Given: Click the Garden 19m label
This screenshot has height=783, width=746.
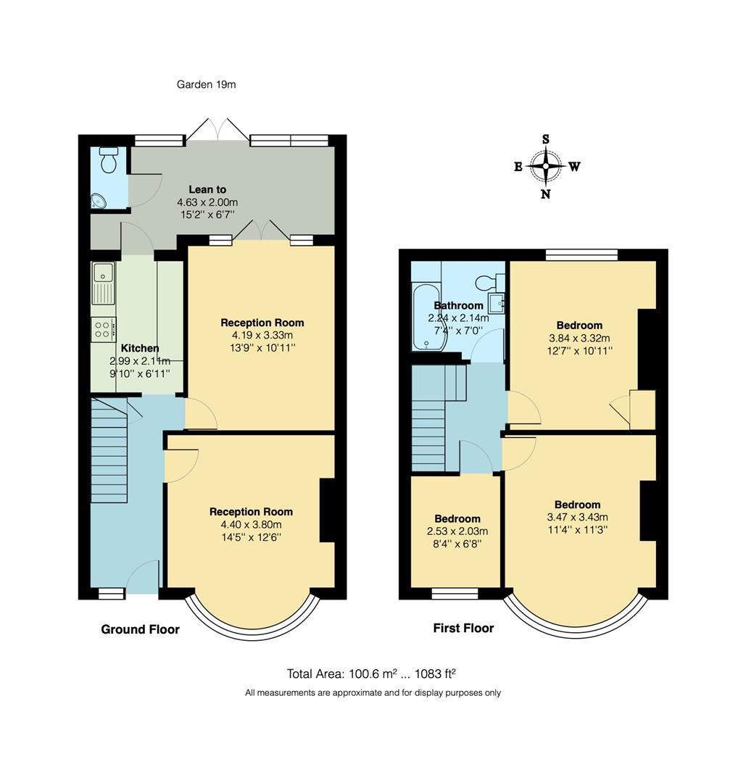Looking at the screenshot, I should click(x=206, y=85).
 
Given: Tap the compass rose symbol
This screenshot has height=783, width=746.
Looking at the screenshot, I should click(x=546, y=166).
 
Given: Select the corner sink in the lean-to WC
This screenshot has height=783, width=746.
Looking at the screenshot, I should click(x=99, y=201).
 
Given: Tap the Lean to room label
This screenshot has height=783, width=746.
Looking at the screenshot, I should click(x=207, y=190).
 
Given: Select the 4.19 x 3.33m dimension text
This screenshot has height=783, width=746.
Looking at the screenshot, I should click(x=262, y=336).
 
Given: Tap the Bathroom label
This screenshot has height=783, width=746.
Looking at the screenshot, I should click(x=458, y=306).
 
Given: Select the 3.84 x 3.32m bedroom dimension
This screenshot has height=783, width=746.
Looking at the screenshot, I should click(x=579, y=338).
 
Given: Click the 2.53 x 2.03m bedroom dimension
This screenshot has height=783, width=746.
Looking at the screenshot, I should click(x=457, y=531).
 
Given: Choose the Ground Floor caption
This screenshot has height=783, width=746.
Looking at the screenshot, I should click(x=140, y=629).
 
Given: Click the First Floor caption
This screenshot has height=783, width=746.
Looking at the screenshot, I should click(x=463, y=628).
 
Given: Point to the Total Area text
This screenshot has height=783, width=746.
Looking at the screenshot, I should click(x=372, y=674).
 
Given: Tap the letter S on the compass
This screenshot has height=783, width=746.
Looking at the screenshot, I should click(x=546, y=139).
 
